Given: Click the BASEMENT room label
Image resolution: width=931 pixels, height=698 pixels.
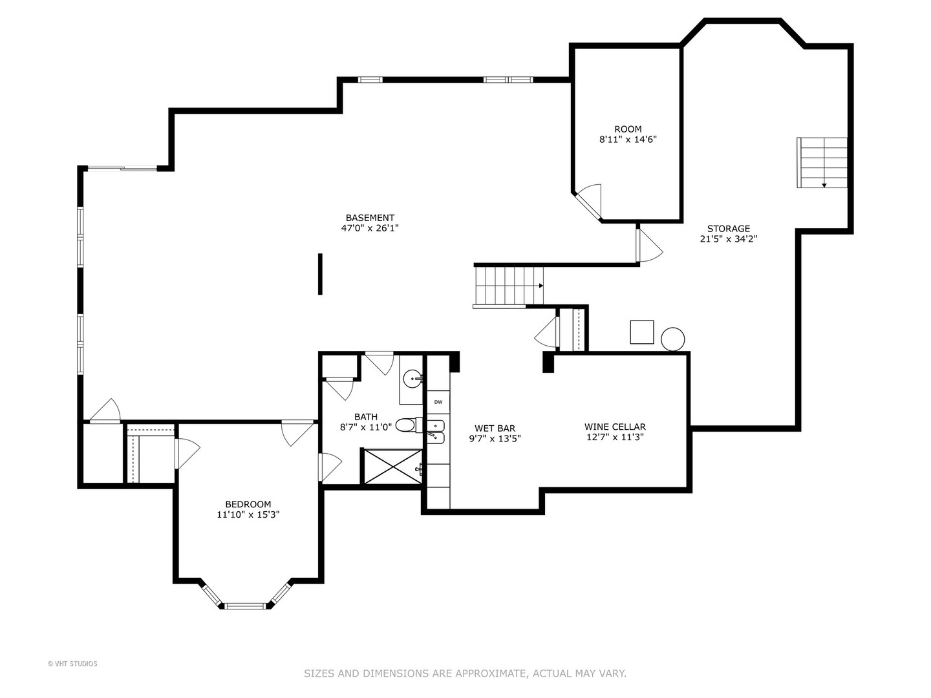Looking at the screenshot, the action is pos(370,218).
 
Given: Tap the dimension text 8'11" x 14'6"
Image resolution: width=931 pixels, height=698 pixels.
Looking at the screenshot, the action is pos(628,140).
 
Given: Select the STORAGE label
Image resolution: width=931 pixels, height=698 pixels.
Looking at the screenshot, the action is pos(728,229).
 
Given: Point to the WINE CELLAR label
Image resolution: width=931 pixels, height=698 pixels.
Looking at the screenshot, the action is pos(615,427).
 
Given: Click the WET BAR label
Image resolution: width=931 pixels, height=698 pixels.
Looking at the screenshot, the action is pos(495,428).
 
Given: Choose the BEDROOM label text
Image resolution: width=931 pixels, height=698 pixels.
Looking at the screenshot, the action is pos(248,504).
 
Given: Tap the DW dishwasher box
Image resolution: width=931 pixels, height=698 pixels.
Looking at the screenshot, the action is pos(438,402).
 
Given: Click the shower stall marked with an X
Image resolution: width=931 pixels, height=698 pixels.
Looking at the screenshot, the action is pos(392,467).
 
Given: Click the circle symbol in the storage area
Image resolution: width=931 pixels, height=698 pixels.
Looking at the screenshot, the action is pos(672,339).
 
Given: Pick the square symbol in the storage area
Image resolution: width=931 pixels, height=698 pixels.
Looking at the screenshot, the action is pos(642,332).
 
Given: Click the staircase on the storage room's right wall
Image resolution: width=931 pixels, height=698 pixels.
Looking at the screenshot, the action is pos(822,162).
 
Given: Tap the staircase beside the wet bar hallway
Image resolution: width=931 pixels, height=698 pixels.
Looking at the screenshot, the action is pos(509,286).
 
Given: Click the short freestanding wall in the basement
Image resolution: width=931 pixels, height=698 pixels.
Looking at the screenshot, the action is pos(320,274).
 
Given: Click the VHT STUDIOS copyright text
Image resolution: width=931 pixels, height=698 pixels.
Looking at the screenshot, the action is pos(72,664).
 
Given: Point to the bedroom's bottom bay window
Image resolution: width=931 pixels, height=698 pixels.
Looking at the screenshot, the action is pos(245,606).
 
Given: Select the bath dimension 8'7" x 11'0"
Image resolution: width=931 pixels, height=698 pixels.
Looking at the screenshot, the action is pos(366,427).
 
